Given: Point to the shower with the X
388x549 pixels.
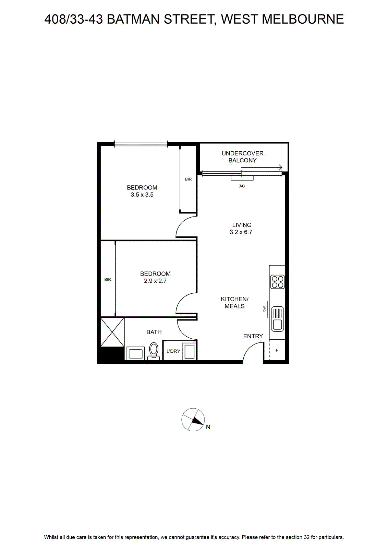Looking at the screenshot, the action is (112, 332).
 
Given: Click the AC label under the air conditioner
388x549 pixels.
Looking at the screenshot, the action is (242, 186).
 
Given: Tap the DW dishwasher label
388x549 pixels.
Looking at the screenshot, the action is (264, 309).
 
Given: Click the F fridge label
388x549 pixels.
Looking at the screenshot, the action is (277, 350).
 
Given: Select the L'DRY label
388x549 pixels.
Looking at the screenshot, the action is (173, 351).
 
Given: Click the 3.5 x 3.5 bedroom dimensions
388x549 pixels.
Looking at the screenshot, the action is (142, 195).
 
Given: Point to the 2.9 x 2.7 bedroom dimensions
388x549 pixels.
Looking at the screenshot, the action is (155, 281).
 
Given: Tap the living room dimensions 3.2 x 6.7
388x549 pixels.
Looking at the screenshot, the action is (241, 232).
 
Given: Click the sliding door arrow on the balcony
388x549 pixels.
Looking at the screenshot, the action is (262, 168).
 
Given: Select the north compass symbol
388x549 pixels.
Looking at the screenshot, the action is (193, 420).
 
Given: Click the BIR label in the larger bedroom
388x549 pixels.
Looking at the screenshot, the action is (188, 179).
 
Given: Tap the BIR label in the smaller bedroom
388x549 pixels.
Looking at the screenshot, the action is (108, 280).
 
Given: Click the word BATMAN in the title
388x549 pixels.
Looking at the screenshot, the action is (133, 19).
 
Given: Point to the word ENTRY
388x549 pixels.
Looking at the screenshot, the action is (253, 336).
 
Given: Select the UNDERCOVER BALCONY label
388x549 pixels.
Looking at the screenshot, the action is (242, 157).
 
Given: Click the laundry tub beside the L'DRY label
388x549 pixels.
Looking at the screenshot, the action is (190, 352).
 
